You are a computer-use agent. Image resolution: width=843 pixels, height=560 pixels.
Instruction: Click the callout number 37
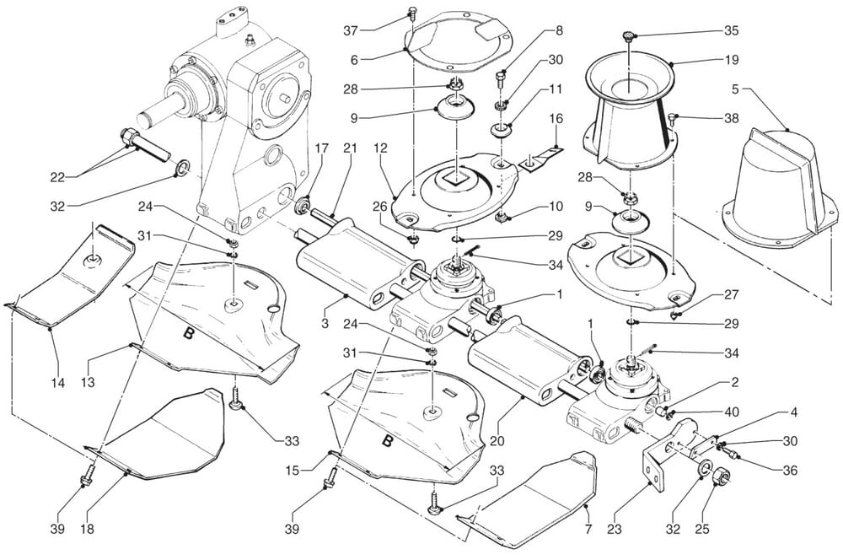(x=351, y=30)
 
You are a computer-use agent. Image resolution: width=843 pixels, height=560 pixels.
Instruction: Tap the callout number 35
(x=731, y=30)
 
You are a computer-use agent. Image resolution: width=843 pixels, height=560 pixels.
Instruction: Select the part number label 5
(x=735, y=89)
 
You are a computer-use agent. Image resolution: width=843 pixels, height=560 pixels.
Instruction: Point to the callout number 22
(x=57, y=177)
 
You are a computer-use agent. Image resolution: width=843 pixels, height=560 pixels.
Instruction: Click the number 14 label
(x=57, y=383)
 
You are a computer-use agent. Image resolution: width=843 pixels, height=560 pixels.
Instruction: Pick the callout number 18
(x=87, y=529)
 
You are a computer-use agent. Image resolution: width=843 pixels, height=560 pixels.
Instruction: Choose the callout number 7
(x=588, y=529)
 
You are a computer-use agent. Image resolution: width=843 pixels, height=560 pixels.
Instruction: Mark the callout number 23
(x=615, y=529)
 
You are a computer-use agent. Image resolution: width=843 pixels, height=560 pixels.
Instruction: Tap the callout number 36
(x=790, y=470)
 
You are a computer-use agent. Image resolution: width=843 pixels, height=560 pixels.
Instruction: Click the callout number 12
(x=380, y=148)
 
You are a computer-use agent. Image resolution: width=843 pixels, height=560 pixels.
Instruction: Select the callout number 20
(x=497, y=441)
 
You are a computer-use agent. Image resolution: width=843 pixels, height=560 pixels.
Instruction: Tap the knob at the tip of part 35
(x=628, y=36)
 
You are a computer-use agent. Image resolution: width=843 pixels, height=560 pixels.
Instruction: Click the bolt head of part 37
(x=413, y=11)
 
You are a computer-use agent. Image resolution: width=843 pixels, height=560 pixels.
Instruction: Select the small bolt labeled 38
(x=672, y=116)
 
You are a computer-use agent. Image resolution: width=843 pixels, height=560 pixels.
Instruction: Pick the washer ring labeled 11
(x=501, y=131)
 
